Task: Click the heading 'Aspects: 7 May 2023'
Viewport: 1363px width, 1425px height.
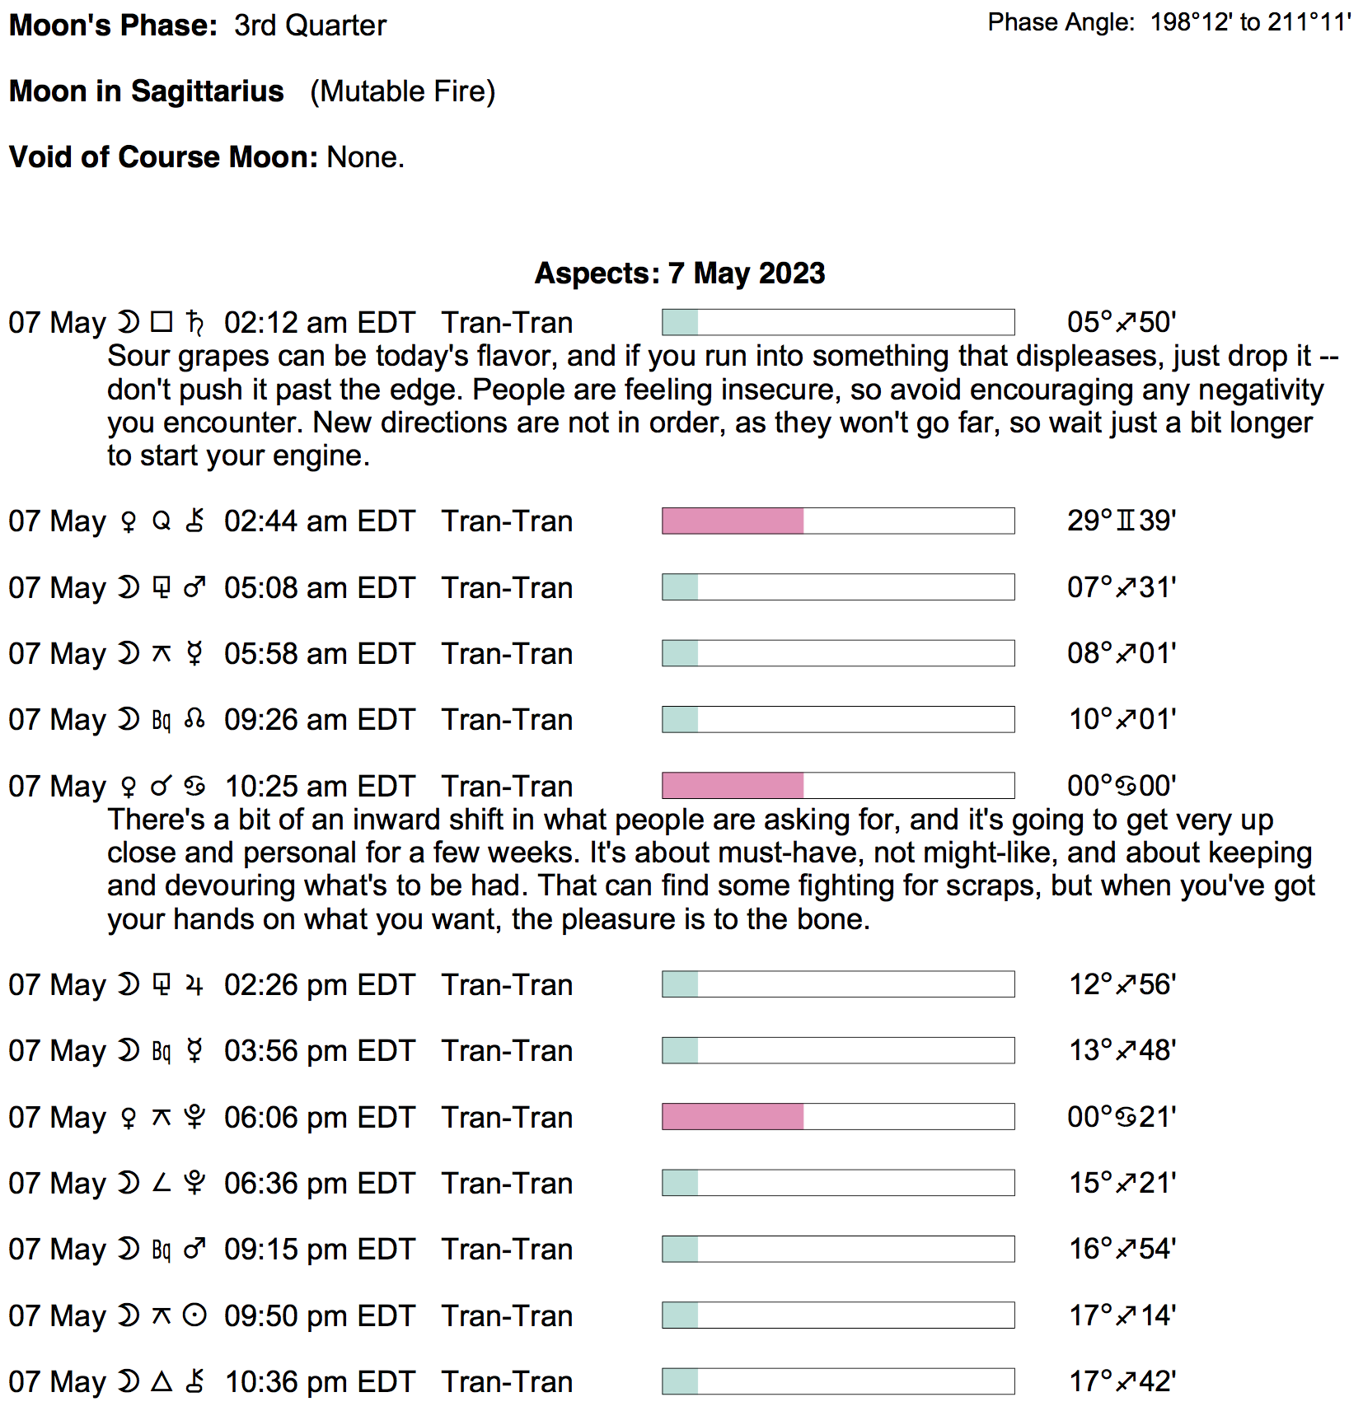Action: click(x=680, y=273)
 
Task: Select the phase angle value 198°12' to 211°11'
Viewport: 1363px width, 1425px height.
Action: click(x=1250, y=22)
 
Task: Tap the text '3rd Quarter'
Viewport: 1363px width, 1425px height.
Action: click(x=310, y=26)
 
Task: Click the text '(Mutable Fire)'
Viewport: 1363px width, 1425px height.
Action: click(x=402, y=91)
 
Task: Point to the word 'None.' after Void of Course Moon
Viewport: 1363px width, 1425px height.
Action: click(x=365, y=157)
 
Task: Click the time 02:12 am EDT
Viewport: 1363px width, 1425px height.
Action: click(x=319, y=323)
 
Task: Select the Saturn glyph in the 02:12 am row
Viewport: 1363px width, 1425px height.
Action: click(x=195, y=322)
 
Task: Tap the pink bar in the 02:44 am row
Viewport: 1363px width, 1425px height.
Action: click(x=733, y=521)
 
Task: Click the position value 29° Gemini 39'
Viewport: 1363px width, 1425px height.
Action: click(x=1121, y=521)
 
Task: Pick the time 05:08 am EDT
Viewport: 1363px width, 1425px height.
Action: click(x=319, y=587)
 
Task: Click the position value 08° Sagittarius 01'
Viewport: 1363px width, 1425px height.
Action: click(x=1121, y=653)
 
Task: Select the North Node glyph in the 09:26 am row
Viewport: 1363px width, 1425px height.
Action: click(x=194, y=719)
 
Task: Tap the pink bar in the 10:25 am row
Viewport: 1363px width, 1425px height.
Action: click(x=733, y=785)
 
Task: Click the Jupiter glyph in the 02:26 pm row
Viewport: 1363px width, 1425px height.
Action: click(x=194, y=984)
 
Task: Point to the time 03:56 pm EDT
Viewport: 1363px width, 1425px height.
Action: click(x=319, y=1051)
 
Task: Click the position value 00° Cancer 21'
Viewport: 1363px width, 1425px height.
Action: click(x=1121, y=1117)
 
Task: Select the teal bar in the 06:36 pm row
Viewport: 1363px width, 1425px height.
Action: click(x=681, y=1183)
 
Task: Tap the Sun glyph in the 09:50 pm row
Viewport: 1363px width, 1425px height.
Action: click(x=194, y=1315)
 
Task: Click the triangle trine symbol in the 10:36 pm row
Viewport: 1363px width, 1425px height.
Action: click(x=162, y=1381)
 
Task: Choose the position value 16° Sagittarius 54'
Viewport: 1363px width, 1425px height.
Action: click(x=1122, y=1249)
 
